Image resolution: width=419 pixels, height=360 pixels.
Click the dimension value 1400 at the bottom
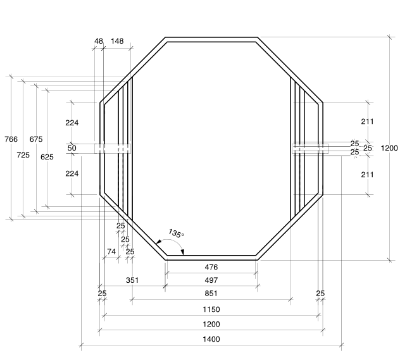click(211, 339)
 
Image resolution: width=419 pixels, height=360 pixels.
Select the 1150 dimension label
click(211, 309)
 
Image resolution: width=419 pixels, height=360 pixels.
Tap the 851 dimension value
click(211, 294)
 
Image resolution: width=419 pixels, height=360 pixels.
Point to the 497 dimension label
click(211, 280)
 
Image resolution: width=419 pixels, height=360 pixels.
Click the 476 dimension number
click(211, 267)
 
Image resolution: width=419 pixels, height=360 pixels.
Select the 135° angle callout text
click(176, 234)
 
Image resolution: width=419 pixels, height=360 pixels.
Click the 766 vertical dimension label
click(11, 139)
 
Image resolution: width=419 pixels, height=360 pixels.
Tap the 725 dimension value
click(23, 155)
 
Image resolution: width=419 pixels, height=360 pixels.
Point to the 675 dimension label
click(36, 139)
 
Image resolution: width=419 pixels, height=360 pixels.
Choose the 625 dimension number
click(47, 156)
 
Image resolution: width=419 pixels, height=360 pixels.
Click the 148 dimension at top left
click(117, 41)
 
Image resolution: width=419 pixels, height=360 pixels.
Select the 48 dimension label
click(99, 41)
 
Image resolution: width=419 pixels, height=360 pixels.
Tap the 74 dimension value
click(111, 252)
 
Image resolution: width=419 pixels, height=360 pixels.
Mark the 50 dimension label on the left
click(72, 148)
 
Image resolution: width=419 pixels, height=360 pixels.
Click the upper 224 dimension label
click(72, 123)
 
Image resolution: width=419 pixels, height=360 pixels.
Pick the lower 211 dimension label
click(368, 174)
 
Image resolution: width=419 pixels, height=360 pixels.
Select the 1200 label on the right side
click(389, 148)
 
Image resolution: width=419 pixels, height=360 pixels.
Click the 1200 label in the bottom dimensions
click(211, 324)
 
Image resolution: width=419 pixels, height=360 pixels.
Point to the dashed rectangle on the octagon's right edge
click(310, 148)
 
